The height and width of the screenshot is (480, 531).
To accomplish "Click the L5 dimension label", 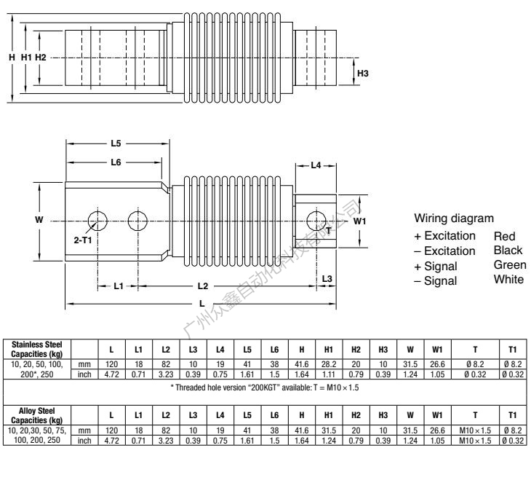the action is coord(116,143).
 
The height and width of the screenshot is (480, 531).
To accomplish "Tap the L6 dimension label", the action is coord(116,162).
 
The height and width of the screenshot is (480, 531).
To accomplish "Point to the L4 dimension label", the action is coord(316,165).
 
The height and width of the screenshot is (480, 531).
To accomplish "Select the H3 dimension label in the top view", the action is coord(363,74).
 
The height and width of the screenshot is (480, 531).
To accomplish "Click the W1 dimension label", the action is coord(359,221).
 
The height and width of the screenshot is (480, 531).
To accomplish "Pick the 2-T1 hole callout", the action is coord(83,240).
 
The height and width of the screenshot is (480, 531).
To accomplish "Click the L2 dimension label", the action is coord(203,286).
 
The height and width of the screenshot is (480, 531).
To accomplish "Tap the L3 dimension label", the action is coord(327,279).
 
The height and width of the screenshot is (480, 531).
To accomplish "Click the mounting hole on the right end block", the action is coord(316,221).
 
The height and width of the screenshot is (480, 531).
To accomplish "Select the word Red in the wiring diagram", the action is coord(504,236).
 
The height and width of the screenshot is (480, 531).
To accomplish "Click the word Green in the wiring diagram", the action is coord(510,265).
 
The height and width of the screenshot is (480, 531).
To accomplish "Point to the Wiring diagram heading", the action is coord(454,219).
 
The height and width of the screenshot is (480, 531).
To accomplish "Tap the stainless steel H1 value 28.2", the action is coord(329,364).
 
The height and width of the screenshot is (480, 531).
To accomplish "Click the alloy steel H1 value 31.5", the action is coord(329,430).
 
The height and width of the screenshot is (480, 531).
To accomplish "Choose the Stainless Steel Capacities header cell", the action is coord(37,350).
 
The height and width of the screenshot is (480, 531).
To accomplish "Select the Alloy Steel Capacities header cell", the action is coord(37,416).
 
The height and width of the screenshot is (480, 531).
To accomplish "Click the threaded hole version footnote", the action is coord(265,387).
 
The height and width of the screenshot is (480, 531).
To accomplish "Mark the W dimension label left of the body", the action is coord(39,220).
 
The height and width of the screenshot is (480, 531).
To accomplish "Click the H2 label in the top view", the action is coord(40,58).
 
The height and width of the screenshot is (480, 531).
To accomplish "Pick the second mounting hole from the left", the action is coord(137,221).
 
